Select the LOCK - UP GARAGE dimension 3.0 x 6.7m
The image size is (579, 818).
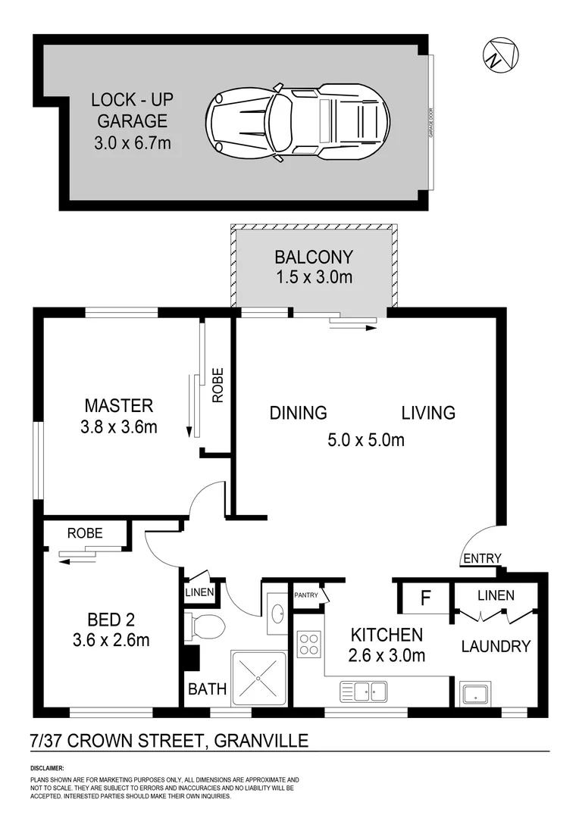click(129, 142)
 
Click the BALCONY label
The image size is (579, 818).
click(314, 257)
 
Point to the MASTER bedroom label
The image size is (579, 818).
click(118, 405)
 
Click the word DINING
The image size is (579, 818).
click(299, 413)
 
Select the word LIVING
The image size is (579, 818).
click(428, 413)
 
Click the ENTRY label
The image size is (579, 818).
click(482, 559)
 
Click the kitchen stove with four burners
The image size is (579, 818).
click(309, 644)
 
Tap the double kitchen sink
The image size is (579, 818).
click(364, 690)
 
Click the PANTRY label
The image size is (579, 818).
click(306, 595)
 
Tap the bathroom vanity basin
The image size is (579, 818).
click(275, 607)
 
